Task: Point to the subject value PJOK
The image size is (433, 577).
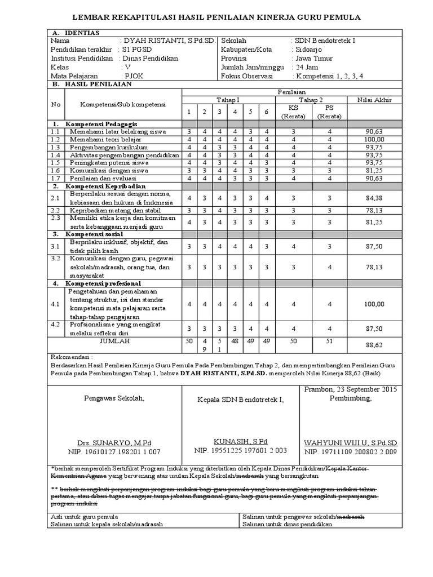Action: pyautogui.click(x=134, y=75)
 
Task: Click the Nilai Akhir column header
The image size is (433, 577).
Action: pyautogui.click(x=374, y=100)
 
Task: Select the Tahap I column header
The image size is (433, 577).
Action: pyautogui.click(x=228, y=100)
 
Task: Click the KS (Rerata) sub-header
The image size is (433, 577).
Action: pyautogui.click(x=294, y=111)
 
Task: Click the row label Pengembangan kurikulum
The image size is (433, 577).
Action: pyautogui.click(x=105, y=147)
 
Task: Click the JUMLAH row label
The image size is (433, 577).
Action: pyautogui.click(x=114, y=341)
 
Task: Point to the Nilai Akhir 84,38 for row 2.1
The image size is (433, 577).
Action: pyautogui.click(x=374, y=198)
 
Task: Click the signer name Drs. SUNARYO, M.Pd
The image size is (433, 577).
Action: pyautogui.click(x=114, y=443)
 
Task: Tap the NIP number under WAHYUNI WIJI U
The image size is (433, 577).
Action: pyautogui.click(x=351, y=452)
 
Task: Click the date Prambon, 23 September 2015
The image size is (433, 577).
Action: pyautogui.click(x=351, y=389)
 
